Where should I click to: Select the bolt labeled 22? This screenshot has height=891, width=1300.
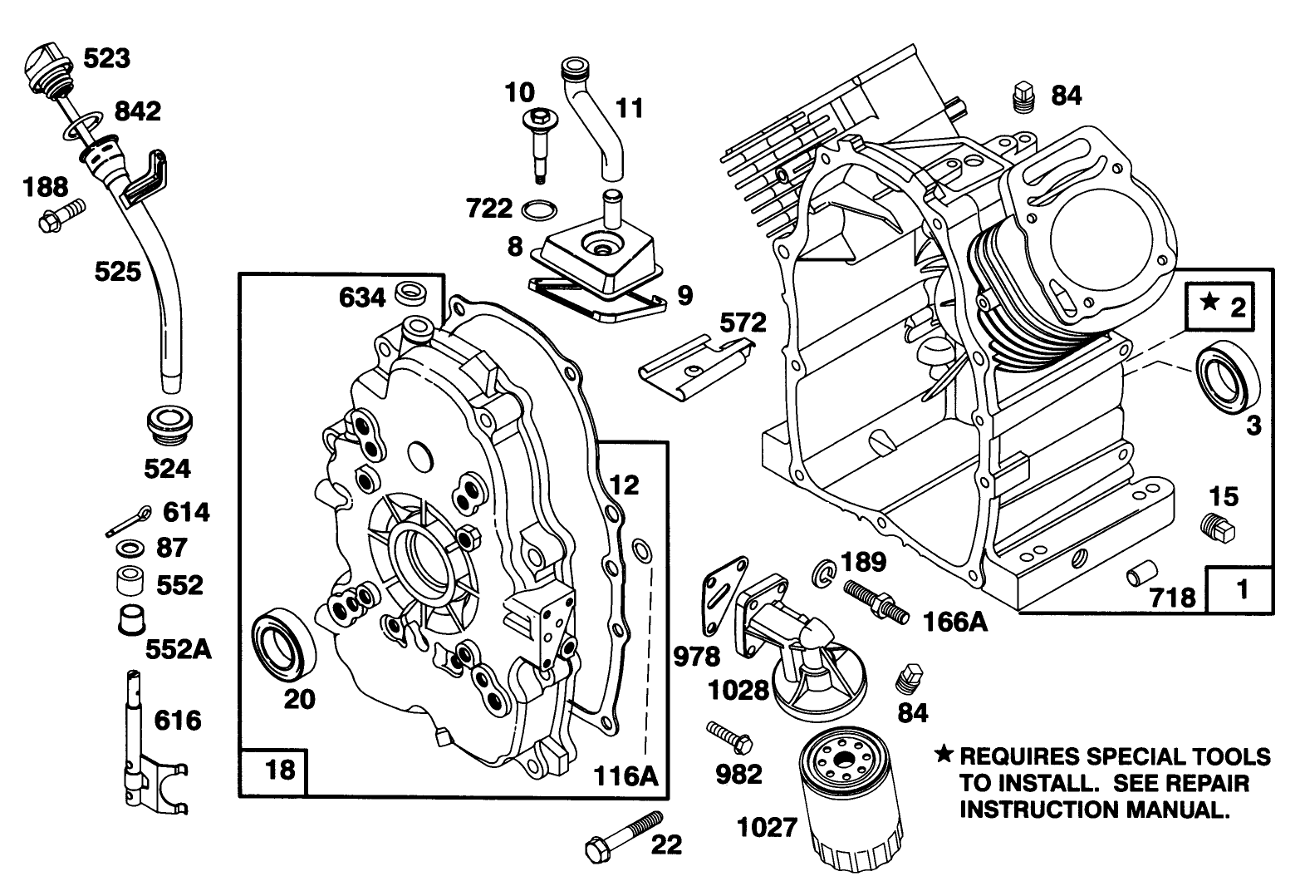(x=625, y=835)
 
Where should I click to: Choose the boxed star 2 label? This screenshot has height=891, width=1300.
(x=1219, y=307)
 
